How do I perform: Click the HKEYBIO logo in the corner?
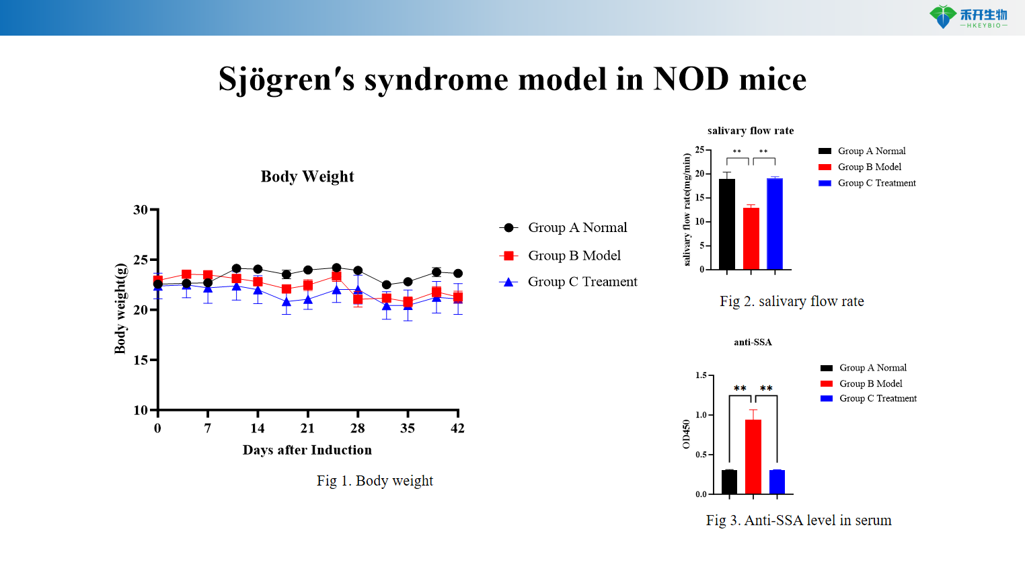[x=968, y=17]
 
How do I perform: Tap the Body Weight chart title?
[x=307, y=176]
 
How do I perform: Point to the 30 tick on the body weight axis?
[x=141, y=210]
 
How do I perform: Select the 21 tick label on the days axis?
[x=307, y=428]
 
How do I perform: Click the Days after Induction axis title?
[x=307, y=450]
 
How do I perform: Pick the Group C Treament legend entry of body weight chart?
[x=582, y=282]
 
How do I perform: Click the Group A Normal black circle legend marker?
[x=509, y=228]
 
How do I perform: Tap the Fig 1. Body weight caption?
[x=375, y=481]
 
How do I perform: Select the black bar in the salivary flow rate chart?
[x=726, y=224]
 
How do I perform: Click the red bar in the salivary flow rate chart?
[x=751, y=239]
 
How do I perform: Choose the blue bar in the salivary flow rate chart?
[x=775, y=224]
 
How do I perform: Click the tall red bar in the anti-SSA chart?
[x=753, y=457]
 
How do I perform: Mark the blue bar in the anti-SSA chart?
[x=777, y=482]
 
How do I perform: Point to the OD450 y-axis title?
[x=686, y=434]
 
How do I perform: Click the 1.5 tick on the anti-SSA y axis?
[x=701, y=375]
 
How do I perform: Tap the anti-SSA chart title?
[x=753, y=342]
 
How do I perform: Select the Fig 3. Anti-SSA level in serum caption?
[x=798, y=521]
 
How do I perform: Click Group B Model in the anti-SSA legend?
[x=870, y=383]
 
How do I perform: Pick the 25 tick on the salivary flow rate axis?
[x=699, y=150]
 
